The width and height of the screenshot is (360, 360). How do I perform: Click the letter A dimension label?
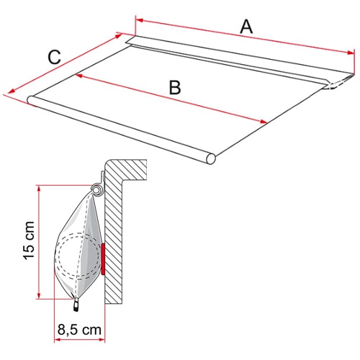tap(246, 27)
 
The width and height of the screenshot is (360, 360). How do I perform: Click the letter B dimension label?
tap(175, 88)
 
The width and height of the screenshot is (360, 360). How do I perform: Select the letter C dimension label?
tap(55, 58)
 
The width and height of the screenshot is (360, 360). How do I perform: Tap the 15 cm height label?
tap(29, 240)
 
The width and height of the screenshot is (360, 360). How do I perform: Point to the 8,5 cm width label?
tap(79, 330)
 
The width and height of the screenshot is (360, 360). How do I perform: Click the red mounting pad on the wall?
tap(103, 259)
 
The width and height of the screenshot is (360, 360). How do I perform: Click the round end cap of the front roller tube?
tap(210, 158)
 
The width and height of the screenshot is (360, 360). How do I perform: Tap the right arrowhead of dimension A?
tap(350, 53)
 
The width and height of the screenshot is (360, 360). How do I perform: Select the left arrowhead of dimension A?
tap(140, 20)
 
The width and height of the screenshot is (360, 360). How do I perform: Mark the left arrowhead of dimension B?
tap(79, 76)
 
